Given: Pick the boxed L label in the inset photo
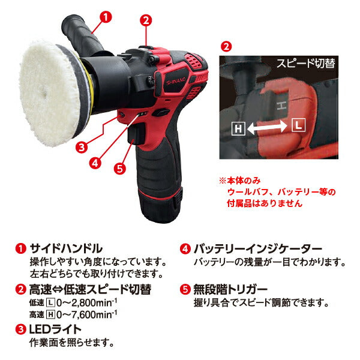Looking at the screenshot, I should tap(298, 125).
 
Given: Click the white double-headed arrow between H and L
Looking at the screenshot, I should tap(268, 126).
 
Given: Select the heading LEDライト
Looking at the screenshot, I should tap(55, 329).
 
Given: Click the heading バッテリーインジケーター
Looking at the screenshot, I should tap(259, 248).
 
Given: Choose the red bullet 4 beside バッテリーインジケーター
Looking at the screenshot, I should tap(185, 248).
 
